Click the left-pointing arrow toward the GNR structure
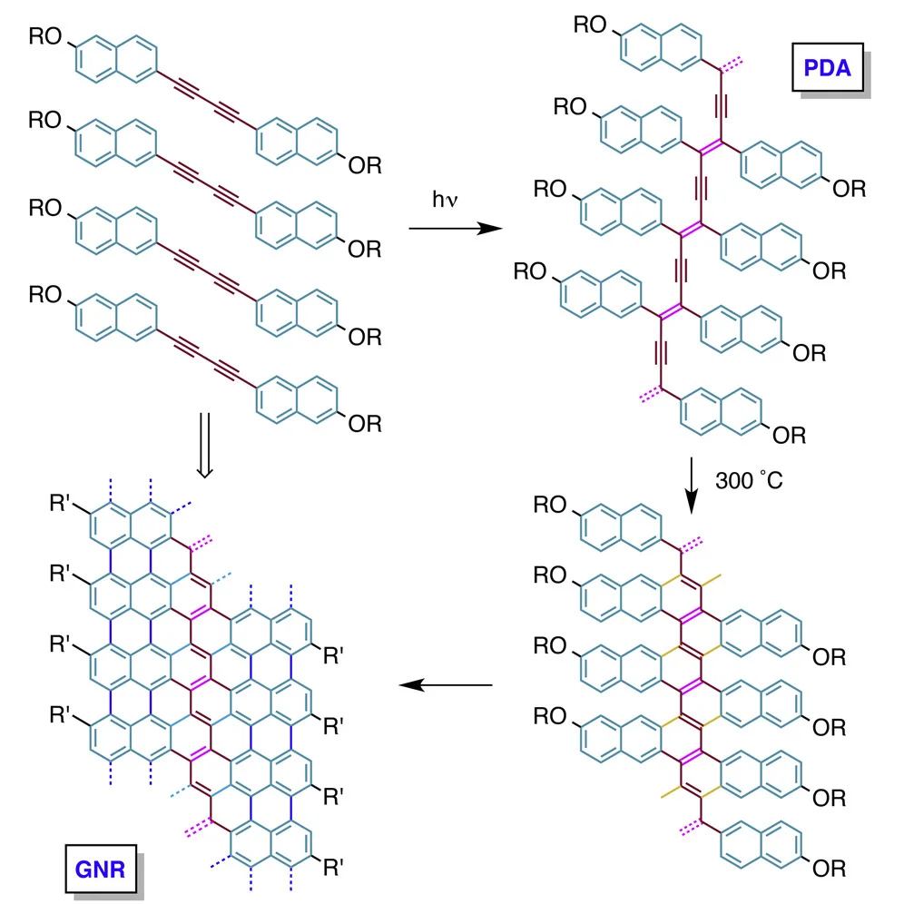447,684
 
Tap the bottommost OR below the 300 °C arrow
829,870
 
